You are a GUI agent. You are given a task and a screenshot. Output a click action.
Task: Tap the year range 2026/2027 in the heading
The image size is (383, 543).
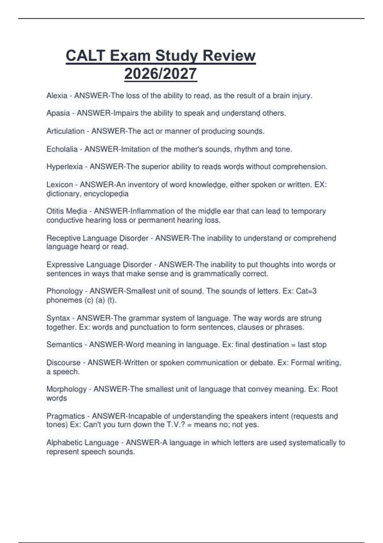(x=161, y=74)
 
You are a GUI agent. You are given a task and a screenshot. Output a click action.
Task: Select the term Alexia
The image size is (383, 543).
(x=57, y=96)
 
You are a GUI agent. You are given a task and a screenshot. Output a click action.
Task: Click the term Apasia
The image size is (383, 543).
(x=58, y=113)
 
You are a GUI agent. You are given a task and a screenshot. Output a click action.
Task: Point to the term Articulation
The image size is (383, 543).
(x=65, y=131)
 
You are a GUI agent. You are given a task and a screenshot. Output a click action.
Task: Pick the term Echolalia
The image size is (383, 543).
(x=62, y=149)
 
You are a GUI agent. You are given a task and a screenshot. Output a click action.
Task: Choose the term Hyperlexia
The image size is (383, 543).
(x=64, y=167)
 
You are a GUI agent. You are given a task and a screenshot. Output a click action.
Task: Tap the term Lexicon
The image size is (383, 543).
(x=60, y=185)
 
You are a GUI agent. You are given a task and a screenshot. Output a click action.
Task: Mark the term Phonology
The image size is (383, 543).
(x=64, y=291)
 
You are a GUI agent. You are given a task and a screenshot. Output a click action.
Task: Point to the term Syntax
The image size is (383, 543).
(x=58, y=318)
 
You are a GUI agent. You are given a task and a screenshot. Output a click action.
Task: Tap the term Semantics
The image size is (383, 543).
(x=64, y=345)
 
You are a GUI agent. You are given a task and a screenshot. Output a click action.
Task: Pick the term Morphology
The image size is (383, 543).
(x=66, y=389)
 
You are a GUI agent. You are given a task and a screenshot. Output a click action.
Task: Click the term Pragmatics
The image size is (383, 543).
(x=65, y=416)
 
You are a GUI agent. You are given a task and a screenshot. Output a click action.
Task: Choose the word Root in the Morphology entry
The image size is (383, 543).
(x=329, y=389)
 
